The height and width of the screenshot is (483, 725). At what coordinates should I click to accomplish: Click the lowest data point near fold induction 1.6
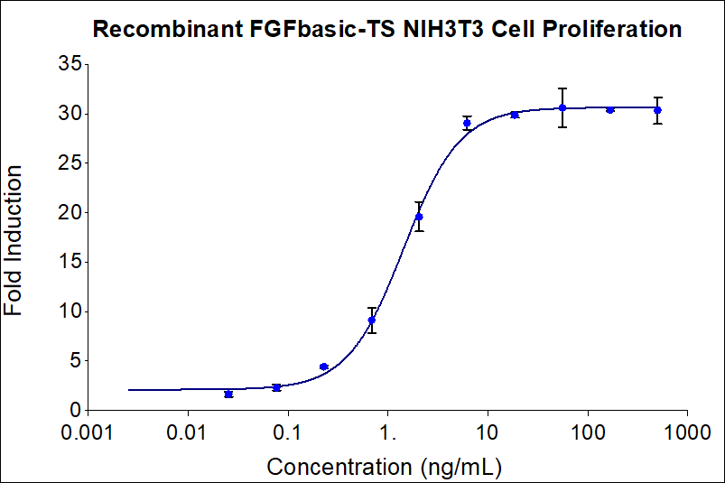[x=228, y=395]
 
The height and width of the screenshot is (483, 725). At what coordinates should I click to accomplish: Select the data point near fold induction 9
[x=371, y=320]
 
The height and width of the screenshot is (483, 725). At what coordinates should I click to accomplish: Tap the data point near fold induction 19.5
[x=419, y=217]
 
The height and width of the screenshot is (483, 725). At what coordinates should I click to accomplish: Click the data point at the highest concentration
[x=658, y=110]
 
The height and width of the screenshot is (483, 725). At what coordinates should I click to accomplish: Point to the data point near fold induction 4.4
[x=323, y=367]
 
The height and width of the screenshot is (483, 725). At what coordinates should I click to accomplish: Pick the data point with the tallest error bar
[x=562, y=107]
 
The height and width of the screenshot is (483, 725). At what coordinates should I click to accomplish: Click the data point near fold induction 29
[x=467, y=123]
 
